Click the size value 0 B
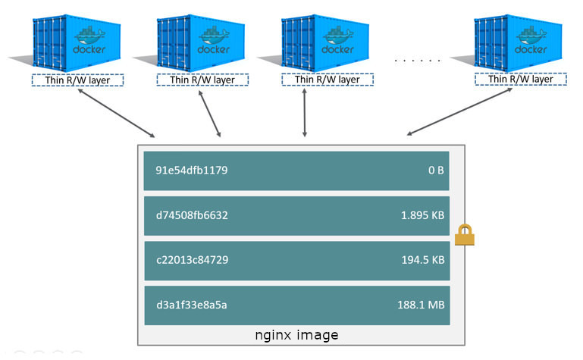click(435, 171)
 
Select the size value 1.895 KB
click(422, 215)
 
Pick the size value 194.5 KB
click(422, 260)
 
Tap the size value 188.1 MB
click(422, 305)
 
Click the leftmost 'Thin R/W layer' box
click(77, 80)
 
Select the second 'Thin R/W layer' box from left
click(202, 80)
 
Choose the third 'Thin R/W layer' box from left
click(326, 80)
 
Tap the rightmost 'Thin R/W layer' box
click(519, 80)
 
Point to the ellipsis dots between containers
click(418, 59)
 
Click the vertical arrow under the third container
click(305, 113)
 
